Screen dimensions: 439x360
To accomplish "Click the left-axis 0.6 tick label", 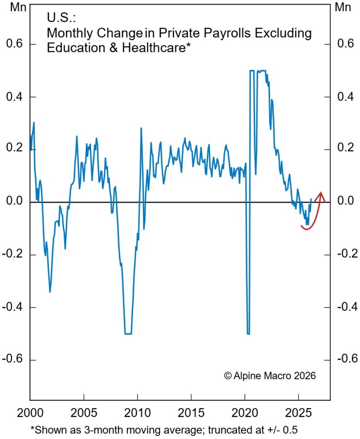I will [x=15, y=45].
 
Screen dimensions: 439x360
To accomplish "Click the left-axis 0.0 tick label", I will [x=15, y=202].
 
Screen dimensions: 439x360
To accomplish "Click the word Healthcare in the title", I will [x=155, y=48].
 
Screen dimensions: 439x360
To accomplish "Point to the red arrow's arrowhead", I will [x=320, y=195].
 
